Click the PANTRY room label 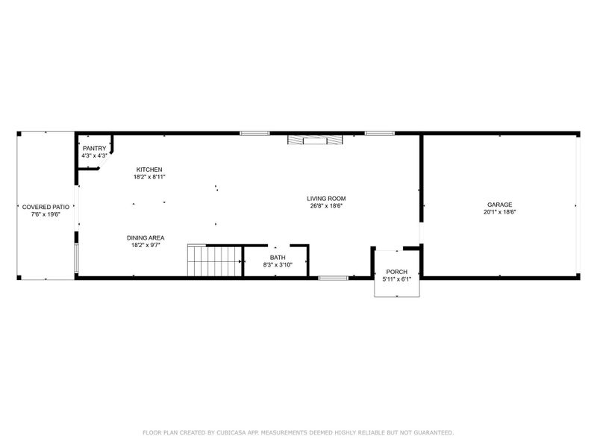94,148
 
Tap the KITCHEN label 149,169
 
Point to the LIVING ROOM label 326,199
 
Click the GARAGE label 499,205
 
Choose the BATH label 278,258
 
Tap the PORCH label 396,272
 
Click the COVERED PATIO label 46,207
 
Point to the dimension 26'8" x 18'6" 326,206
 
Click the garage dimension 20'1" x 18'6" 499,212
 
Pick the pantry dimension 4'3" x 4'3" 94,155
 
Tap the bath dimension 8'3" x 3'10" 278,265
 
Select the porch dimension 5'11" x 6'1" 396,279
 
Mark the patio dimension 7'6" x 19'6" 46,214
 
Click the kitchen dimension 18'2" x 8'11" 149,177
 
